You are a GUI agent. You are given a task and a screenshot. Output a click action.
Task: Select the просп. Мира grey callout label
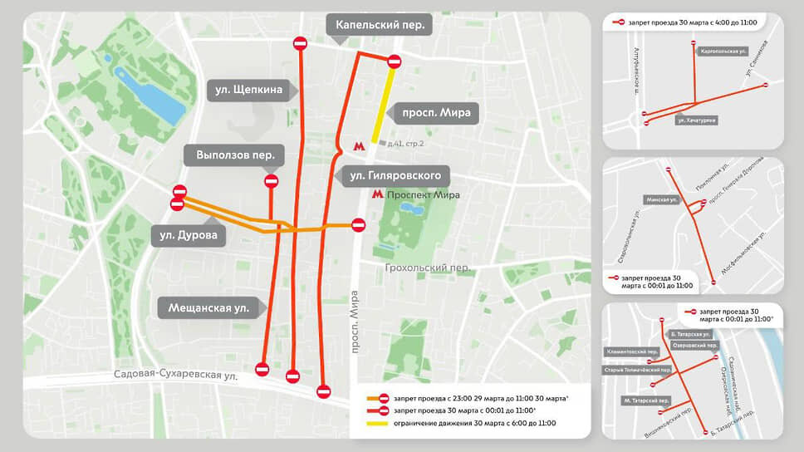click(x=436, y=113)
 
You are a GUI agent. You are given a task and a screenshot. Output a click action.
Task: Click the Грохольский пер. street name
click(x=428, y=268)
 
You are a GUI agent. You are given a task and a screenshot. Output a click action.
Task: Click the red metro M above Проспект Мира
click(x=377, y=194)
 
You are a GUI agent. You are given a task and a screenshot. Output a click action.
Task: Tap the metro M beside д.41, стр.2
click(x=359, y=145)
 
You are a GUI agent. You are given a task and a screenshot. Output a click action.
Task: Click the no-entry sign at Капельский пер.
click(x=395, y=61)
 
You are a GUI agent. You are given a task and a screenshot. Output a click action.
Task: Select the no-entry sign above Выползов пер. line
click(x=271, y=181)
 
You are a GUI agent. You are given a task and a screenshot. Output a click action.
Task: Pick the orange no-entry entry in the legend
click(x=379, y=398)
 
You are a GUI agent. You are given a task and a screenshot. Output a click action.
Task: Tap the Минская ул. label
click(x=662, y=200)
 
